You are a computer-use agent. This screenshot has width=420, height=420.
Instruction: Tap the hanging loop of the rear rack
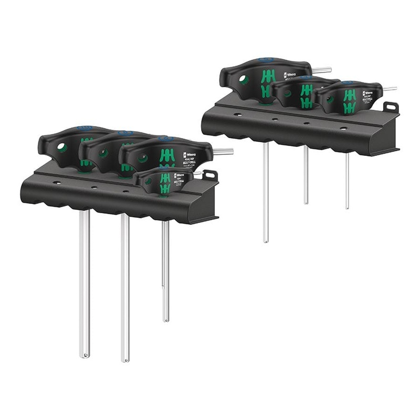(390, 107)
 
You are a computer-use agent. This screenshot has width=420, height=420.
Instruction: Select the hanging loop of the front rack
(209, 175)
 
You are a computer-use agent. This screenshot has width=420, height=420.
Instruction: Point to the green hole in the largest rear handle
(243, 79)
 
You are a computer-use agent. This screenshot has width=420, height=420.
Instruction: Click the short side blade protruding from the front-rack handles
(223, 151)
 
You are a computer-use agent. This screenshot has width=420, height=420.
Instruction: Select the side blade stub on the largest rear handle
(322, 69)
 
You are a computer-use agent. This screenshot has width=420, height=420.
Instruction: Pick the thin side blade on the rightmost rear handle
(390, 89)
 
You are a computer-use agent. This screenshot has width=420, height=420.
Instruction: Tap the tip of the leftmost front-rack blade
(84, 355)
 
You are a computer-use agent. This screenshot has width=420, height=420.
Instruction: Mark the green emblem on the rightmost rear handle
(349, 101)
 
